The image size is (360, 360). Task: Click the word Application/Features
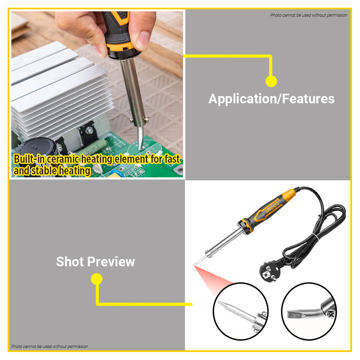click(271, 99)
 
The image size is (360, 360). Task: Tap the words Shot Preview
click(95, 261)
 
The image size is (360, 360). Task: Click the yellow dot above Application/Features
click(271, 81)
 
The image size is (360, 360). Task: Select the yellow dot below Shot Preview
click(97, 279)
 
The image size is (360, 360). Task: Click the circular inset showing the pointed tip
click(240, 312)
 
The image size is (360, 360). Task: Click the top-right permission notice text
click(309, 15)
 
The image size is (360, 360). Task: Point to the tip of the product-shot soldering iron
click(195, 265)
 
